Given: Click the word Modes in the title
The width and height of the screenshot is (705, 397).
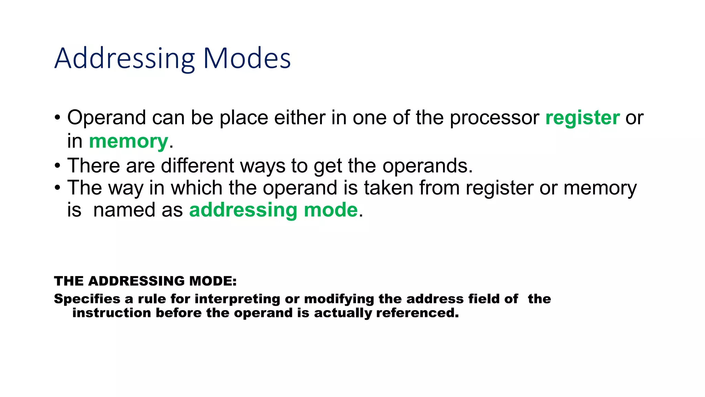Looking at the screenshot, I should (247, 58).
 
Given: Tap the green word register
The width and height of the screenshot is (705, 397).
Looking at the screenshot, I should (582, 118).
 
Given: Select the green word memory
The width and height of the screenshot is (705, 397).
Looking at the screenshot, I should (128, 141).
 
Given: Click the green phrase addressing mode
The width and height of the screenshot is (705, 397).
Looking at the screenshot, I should (273, 210).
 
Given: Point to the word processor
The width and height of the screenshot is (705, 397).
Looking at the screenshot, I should (495, 118).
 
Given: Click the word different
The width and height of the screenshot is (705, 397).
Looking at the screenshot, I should (197, 166).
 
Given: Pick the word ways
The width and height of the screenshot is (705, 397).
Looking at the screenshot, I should (263, 166).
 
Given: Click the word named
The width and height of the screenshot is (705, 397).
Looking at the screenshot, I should (124, 210).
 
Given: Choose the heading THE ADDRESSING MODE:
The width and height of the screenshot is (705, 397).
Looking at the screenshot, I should (145, 281).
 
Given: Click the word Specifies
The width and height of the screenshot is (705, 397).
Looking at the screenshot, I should (87, 299).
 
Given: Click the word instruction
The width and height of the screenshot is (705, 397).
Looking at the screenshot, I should (112, 313).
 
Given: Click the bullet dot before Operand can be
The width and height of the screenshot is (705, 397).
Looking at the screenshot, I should (57, 118).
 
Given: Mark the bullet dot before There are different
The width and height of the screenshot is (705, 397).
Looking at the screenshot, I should (57, 166).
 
